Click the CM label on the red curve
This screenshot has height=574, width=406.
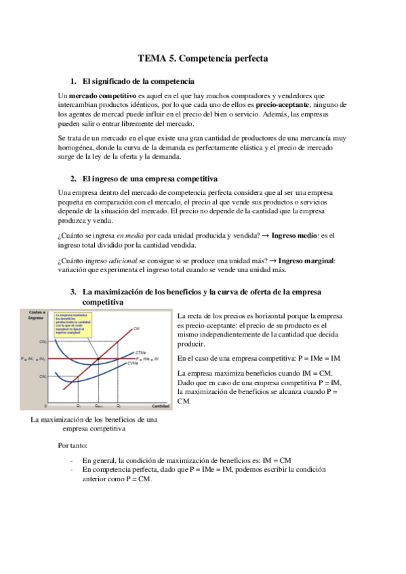pos(136,328)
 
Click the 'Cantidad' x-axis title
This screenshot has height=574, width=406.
pos(160,405)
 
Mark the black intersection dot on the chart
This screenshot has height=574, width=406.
pos(99,358)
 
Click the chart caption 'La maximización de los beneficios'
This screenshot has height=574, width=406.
pos(95,420)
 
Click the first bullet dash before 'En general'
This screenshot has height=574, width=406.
pos(73,460)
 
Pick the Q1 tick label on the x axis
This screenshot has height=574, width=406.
pos(78,405)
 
